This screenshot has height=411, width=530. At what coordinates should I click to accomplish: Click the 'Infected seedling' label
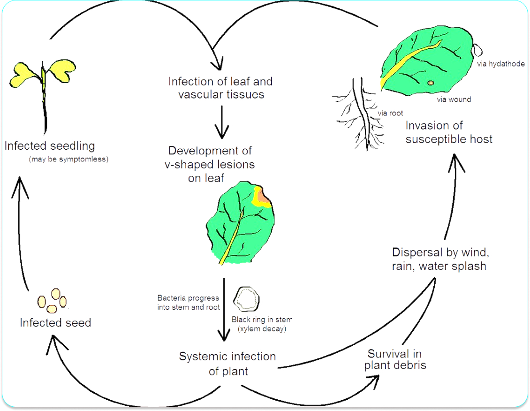tap(50, 145)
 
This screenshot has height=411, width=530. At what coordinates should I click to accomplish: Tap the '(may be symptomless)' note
tap(68, 159)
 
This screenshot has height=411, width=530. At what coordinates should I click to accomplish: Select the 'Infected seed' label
tap(55, 323)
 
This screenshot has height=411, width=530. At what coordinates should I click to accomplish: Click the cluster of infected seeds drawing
tap(52, 301)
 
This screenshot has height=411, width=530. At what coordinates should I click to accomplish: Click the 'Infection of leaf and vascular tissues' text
tap(220, 88)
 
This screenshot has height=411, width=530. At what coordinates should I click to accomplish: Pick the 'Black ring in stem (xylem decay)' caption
tap(262, 324)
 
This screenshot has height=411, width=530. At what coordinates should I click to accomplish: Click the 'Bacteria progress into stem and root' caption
tap(188, 303)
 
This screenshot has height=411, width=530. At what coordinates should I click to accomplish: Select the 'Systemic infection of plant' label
tap(227, 364)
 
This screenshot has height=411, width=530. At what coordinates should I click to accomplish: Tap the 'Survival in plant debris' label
tap(395, 359)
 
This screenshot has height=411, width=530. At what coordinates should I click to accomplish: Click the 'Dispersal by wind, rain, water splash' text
tap(440, 259)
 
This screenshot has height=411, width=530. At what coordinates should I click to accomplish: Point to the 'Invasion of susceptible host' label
tap(448, 132)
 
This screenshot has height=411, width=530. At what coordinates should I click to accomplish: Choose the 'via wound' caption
tap(453, 99)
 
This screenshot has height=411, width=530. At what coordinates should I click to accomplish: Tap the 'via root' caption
tap(390, 113)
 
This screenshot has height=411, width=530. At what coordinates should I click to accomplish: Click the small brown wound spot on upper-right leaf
tap(431, 83)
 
